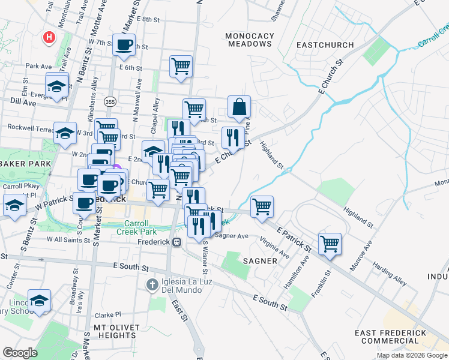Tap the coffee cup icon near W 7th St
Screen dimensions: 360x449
124,44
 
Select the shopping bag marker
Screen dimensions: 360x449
239,107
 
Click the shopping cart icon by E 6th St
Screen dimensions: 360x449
181,65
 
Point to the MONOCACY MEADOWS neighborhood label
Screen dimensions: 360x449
249,40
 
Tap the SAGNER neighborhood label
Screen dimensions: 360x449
260,261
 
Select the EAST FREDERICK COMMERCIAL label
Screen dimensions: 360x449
390,337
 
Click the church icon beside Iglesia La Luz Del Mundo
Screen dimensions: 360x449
153,283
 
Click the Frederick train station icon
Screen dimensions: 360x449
176,242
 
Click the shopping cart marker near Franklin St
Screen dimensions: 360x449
330,244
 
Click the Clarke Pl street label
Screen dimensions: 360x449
107,314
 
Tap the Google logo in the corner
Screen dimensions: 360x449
20,353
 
